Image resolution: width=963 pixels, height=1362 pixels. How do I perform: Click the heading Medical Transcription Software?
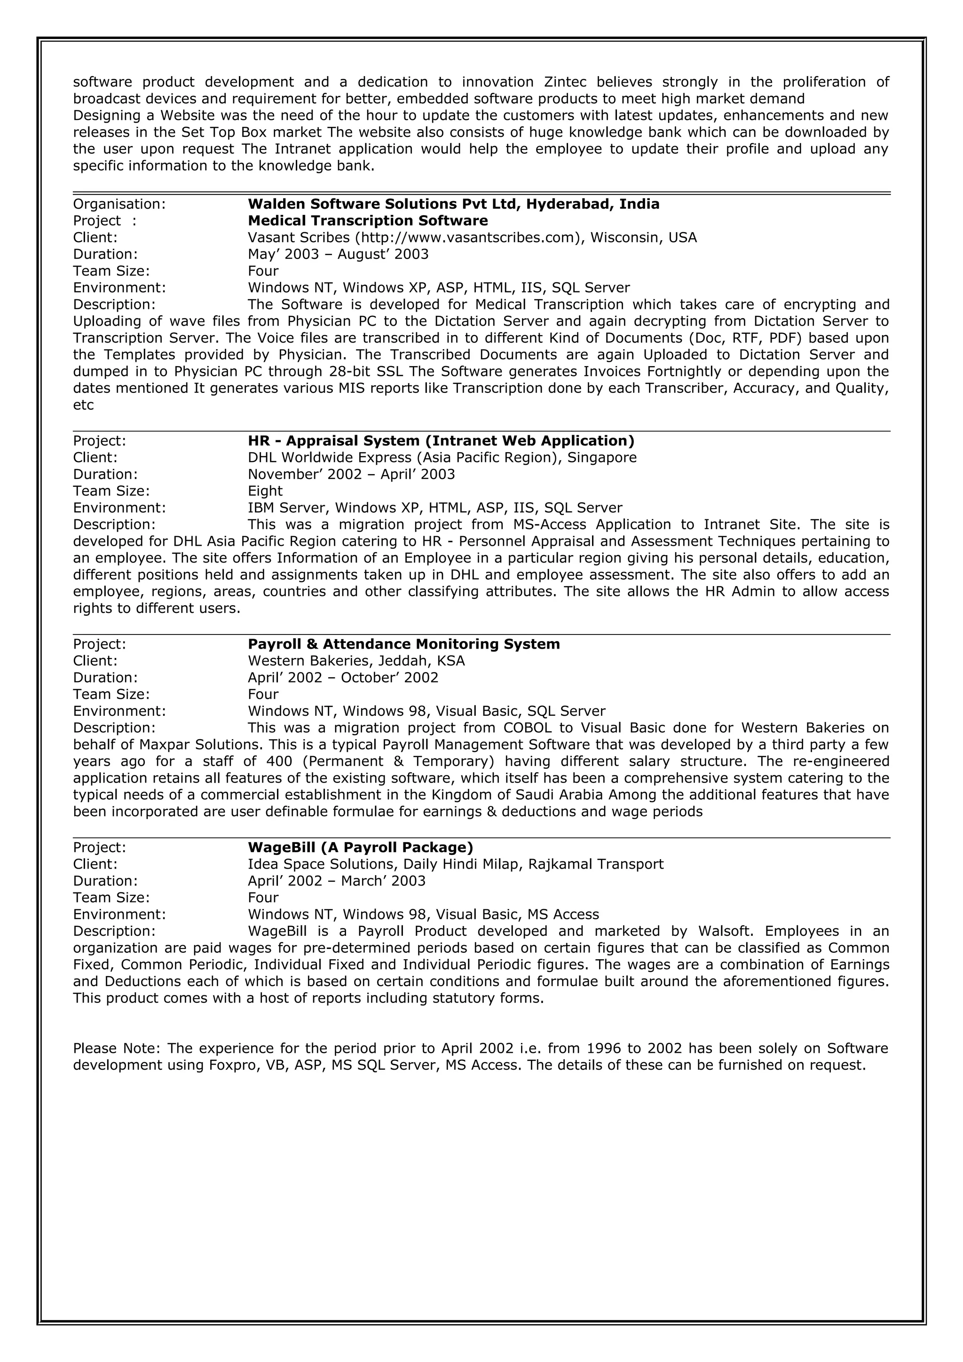pos(367,221)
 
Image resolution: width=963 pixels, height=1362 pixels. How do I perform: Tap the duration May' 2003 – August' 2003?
pos(338,254)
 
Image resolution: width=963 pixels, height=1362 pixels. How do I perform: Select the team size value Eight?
pos(265,491)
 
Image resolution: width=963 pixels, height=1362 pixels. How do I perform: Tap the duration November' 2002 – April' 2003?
pos(351,475)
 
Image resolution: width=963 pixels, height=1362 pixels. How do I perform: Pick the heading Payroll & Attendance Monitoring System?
pos(403,644)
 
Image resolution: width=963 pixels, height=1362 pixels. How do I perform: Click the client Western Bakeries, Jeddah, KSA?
pos(356,661)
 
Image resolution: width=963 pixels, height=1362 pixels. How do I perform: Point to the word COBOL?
pos(526,728)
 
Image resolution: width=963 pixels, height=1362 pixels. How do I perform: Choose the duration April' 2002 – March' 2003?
pos(336,881)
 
